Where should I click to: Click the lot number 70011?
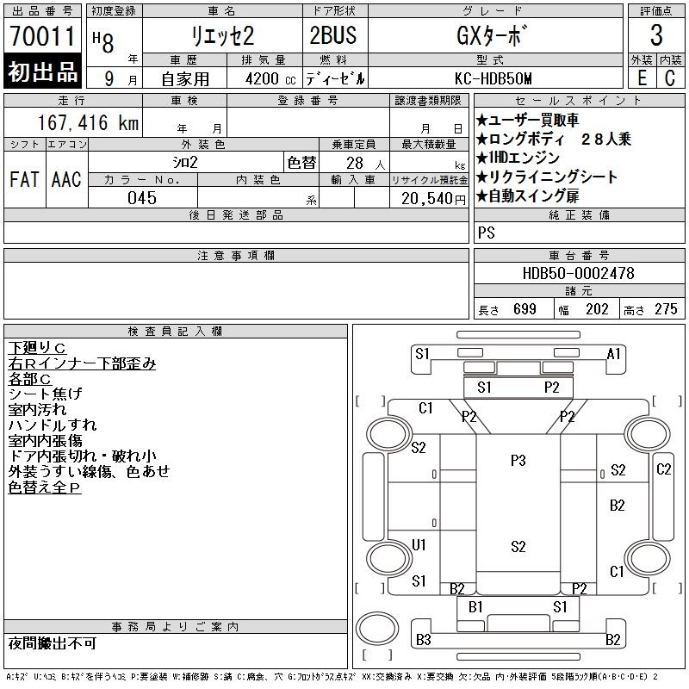pyautogui.click(x=42, y=36)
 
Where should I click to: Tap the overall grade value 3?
pyautogui.click(x=656, y=35)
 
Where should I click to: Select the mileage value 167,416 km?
pyautogui.click(x=88, y=122)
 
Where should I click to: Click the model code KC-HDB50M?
pyautogui.click(x=493, y=78)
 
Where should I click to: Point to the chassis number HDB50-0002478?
pyautogui.click(x=578, y=273)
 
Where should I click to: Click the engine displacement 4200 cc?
pyautogui.click(x=270, y=79)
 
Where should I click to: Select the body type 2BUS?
pyautogui.click(x=333, y=35)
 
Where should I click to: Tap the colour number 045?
pyautogui.click(x=142, y=198)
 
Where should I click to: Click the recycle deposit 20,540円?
pyautogui.click(x=433, y=199)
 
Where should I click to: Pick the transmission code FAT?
pyautogui.click(x=24, y=179)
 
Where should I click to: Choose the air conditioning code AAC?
pyautogui.click(x=66, y=179)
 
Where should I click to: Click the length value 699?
pyautogui.click(x=525, y=309)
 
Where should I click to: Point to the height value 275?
pyautogui.click(x=666, y=309)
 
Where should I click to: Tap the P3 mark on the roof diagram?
pyautogui.click(x=518, y=461)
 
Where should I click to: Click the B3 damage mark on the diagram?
pyautogui.click(x=423, y=640)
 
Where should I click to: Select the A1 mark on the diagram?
pyautogui.click(x=613, y=353)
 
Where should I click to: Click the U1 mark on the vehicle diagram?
pyautogui.click(x=419, y=545)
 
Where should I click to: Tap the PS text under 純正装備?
pyautogui.click(x=487, y=233)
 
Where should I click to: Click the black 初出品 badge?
pyautogui.click(x=42, y=71)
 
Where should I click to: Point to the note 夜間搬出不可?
pyautogui.click(x=53, y=643)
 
